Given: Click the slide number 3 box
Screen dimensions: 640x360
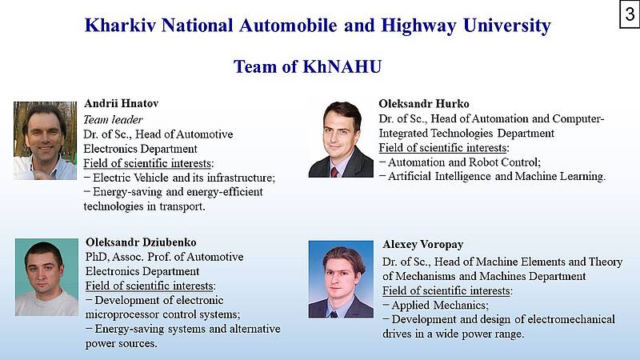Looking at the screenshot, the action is [630, 14].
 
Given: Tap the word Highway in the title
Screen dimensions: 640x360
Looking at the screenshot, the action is [418, 26].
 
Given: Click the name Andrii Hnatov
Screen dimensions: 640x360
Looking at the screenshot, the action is [122, 103].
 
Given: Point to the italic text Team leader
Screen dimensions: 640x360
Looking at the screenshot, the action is [113, 119].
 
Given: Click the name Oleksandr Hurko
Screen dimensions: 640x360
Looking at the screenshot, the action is [424, 104].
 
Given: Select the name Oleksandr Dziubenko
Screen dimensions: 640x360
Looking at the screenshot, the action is [141, 242].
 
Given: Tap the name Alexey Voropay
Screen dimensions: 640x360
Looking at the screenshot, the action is [423, 245].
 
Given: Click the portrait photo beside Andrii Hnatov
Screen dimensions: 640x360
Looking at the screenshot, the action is [45, 141].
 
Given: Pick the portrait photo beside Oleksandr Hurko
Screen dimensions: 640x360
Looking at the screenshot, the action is [341, 139].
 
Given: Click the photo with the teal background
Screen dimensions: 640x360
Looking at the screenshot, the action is [46, 277].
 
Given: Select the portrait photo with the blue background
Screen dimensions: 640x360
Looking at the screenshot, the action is [341, 279].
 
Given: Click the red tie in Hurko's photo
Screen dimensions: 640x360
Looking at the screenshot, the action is [334, 172].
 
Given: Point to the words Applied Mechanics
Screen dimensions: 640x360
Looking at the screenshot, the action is [439, 306].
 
